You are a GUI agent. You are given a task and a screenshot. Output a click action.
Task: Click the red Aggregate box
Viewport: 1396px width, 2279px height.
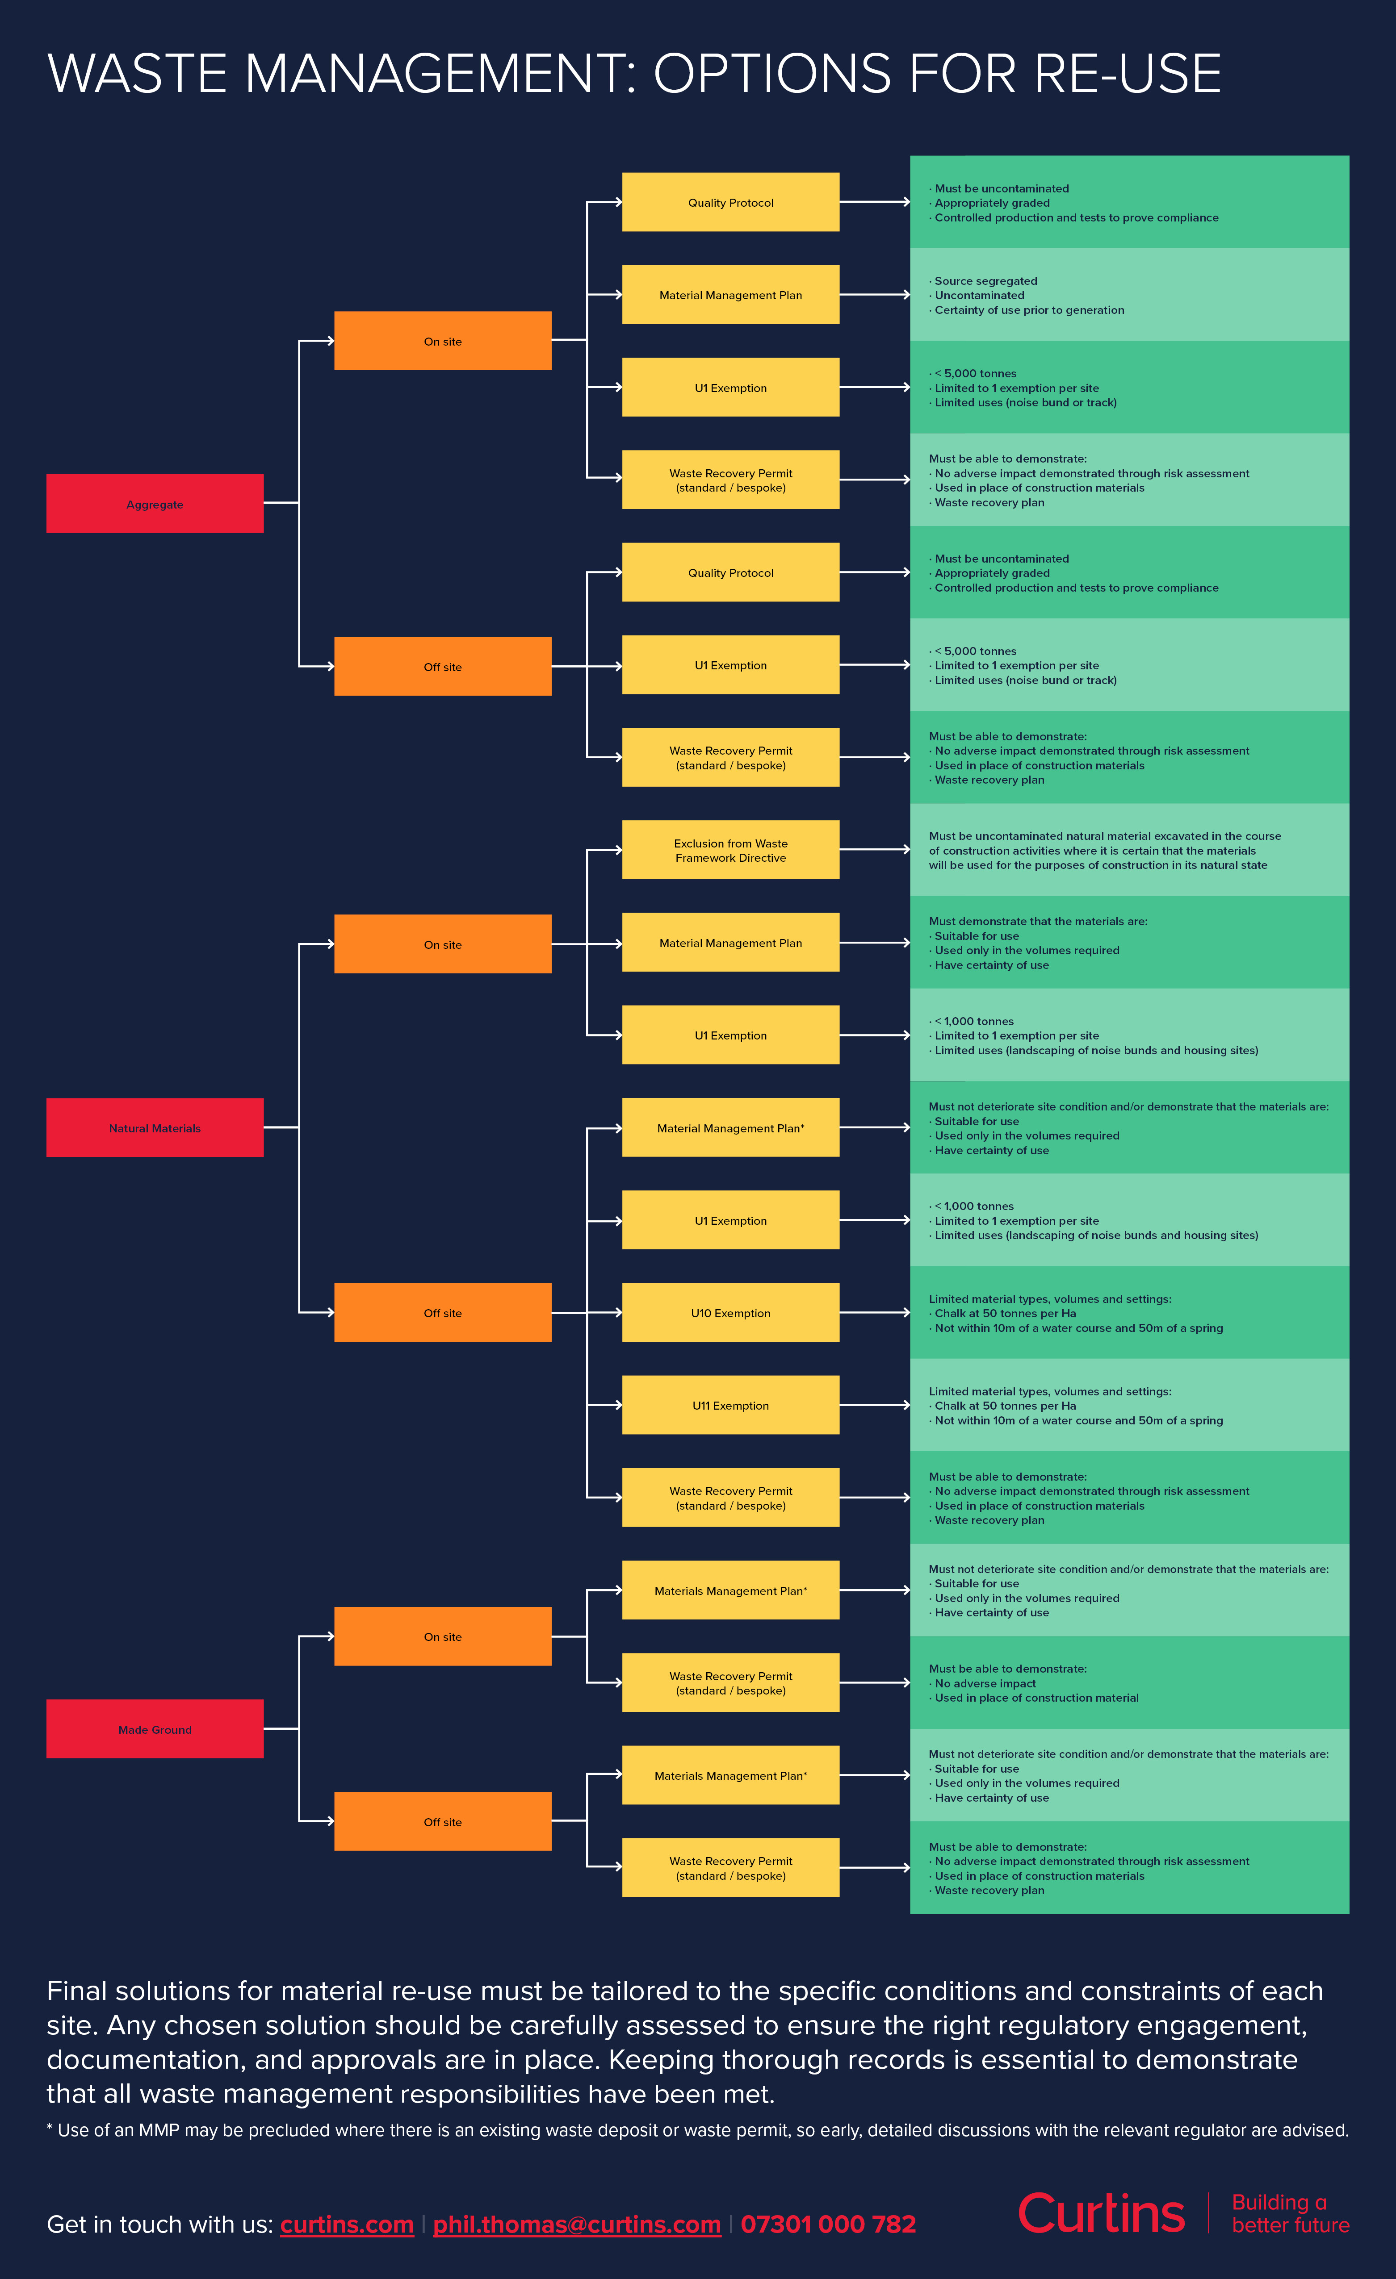tap(155, 503)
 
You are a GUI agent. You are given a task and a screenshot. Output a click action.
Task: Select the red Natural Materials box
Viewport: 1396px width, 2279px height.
tap(155, 1127)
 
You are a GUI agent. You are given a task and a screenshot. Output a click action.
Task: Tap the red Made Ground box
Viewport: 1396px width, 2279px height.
tap(155, 1729)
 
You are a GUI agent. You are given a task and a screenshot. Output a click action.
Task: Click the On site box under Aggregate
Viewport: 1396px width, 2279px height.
tap(442, 340)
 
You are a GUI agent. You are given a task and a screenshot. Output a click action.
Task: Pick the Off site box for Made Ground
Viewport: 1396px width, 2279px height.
tap(442, 1821)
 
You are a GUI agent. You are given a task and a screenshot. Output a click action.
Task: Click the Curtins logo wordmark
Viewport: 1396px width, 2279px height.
tap(1101, 2213)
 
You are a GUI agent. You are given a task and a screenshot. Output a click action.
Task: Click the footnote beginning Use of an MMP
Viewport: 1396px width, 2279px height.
tap(697, 2130)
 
